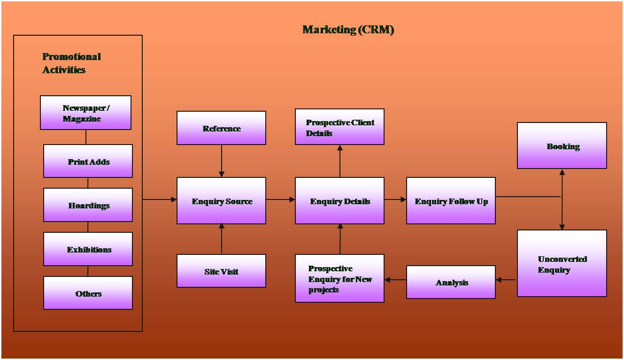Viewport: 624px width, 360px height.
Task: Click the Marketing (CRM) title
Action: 348,30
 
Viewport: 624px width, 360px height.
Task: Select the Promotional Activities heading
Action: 71,63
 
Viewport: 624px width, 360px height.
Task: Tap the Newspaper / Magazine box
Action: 85,113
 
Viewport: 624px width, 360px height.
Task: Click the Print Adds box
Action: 88,161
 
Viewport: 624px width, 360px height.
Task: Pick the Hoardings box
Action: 88,205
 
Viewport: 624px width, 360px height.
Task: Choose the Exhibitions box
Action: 88,249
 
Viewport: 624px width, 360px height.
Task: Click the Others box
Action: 88,293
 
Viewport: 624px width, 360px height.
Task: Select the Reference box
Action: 221,128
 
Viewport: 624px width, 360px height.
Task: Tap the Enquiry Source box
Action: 221,200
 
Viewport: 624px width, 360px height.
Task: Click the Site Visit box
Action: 221,271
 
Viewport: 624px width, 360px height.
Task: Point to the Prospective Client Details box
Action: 339,127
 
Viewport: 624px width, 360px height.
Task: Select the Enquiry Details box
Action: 339,200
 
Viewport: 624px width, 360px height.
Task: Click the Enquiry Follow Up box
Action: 451,200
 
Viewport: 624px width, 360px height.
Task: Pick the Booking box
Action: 562,146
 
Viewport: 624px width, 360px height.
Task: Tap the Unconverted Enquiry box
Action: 562,263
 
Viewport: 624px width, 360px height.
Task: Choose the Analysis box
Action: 451,282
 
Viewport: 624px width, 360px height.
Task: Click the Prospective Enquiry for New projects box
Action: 339,278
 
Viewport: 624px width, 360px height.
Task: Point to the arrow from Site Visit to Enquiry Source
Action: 222,239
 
